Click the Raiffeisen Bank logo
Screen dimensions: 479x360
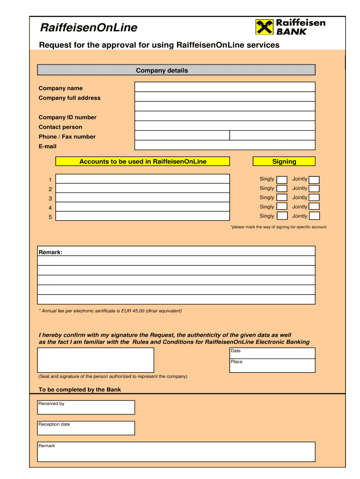(290, 27)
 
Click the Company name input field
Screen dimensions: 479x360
(225, 87)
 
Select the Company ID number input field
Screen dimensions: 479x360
(225, 116)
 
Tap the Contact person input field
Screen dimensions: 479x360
(225, 126)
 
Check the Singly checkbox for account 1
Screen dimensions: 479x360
(282, 180)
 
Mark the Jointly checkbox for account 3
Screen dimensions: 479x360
(314, 198)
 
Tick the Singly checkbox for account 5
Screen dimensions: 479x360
(282, 216)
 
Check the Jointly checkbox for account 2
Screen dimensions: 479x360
(314, 189)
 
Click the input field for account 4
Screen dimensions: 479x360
(143, 207)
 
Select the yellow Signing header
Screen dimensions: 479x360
(284, 161)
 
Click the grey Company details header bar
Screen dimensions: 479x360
(176, 70)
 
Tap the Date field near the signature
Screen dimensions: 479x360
(272, 353)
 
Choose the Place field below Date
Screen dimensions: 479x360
(272, 365)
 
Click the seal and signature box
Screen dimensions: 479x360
(95, 360)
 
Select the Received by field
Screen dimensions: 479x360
(86, 407)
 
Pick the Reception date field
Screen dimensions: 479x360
(86, 428)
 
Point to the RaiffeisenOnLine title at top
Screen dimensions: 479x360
(88, 28)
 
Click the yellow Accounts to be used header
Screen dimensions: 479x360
(143, 161)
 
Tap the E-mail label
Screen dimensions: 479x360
(47, 146)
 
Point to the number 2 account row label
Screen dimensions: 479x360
(50, 189)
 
